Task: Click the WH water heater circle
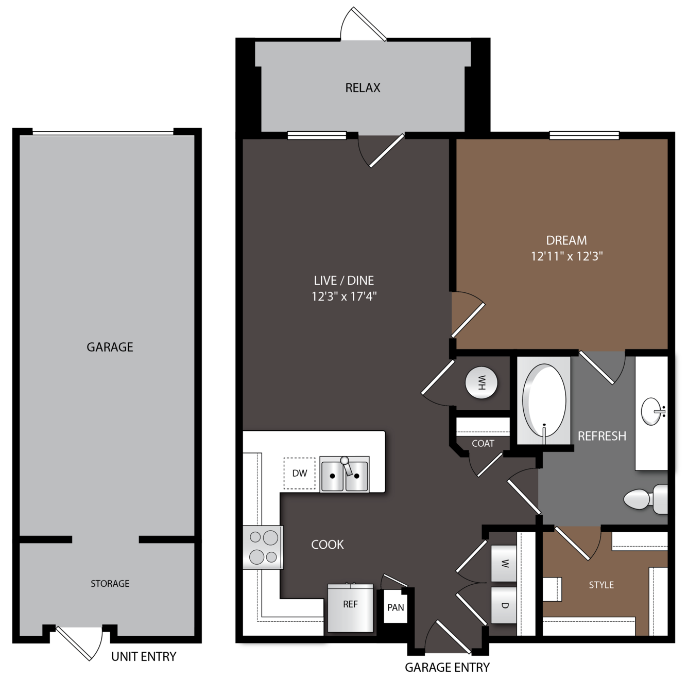(481, 383)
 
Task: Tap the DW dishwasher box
(299, 473)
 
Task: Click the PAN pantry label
(395, 607)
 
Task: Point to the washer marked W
(504, 564)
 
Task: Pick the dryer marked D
(504, 605)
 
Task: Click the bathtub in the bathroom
(544, 400)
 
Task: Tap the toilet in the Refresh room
(645, 499)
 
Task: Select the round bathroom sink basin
(651, 411)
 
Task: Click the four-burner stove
(263, 547)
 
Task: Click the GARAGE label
(110, 347)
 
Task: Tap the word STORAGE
(110, 583)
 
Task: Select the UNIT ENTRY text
(144, 656)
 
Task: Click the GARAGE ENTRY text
(447, 667)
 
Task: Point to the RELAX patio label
(363, 88)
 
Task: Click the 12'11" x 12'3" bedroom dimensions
(566, 256)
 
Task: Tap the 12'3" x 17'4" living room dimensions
(344, 296)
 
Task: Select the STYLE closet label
(601, 585)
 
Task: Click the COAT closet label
(483, 443)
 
